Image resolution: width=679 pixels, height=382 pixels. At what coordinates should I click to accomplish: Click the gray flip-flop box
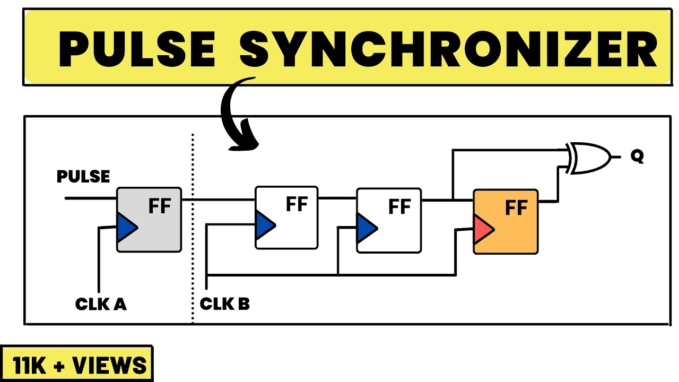[x=149, y=220]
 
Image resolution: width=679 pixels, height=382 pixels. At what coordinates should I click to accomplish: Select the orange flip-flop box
[x=506, y=222]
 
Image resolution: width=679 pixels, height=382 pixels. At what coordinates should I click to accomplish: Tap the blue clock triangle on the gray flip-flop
[x=127, y=228]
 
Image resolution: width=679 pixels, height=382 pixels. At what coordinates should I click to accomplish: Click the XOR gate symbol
[x=589, y=158]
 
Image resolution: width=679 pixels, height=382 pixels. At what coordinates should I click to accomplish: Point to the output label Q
[x=637, y=157]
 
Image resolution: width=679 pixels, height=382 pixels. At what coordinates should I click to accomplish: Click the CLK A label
[x=101, y=304]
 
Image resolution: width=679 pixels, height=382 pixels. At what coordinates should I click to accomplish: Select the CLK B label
[x=224, y=304]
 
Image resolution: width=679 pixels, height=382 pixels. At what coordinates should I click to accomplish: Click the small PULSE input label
[x=83, y=177]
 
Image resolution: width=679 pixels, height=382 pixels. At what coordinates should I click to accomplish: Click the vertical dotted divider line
[x=193, y=228]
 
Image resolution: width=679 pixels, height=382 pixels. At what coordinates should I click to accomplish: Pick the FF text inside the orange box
[x=516, y=207]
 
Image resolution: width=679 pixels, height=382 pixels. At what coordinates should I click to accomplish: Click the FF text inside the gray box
[x=160, y=206]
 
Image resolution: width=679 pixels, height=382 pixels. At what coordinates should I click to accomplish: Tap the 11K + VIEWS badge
[x=77, y=364]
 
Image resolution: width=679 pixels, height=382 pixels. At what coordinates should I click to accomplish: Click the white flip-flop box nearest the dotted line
[x=286, y=218]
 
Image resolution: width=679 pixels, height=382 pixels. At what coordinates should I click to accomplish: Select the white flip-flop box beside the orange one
[x=389, y=220]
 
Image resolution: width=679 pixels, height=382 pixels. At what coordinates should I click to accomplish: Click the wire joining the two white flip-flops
[x=337, y=198]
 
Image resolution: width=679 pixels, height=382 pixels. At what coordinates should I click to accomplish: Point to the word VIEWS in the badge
[x=109, y=365]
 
